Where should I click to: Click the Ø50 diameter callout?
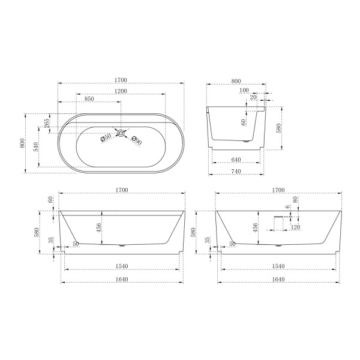pyautogui.click(x=105, y=139)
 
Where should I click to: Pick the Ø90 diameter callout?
pyautogui.click(x=136, y=142)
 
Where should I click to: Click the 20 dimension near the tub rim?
pyautogui.click(x=253, y=97)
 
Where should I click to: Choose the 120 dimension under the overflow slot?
pyautogui.click(x=295, y=227)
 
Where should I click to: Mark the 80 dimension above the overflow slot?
pyautogui.click(x=295, y=200)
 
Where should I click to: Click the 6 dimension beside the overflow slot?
pyautogui.click(x=287, y=207)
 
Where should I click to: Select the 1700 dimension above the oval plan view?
pyautogui.click(x=121, y=80)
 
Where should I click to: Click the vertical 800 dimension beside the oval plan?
pyautogui.click(x=23, y=143)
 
